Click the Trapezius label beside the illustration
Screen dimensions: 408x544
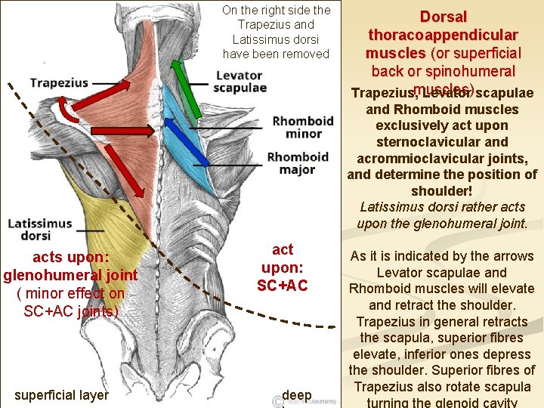click(x=59, y=82)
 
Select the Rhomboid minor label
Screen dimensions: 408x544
click(x=303, y=127)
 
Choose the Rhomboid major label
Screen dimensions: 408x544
click(x=298, y=163)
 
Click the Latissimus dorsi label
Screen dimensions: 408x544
click(x=40, y=230)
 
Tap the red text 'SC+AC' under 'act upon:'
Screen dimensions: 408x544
click(x=282, y=285)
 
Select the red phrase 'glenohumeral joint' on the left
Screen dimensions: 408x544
click(x=70, y=276)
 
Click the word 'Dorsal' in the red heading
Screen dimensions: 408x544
click(x=444, y=17)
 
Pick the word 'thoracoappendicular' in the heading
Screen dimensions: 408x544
click(x=443, y=35)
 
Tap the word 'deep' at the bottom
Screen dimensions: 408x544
click(x=297, y=395)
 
